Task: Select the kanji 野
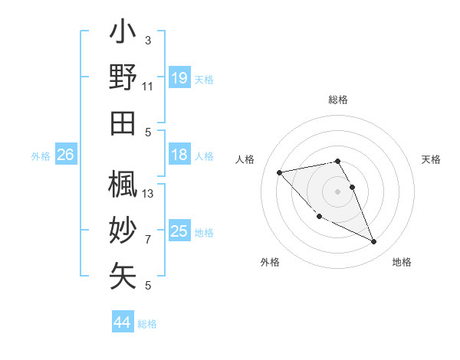[123, 78]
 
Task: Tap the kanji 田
[123, 123]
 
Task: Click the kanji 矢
[123, 276]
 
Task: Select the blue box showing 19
[179, 78]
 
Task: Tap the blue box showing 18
[179, 155]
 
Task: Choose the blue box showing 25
[179, 231]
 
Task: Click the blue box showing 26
[65, 155]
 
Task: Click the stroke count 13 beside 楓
[148, 194]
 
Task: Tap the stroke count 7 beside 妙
[148, 240]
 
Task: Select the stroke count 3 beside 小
[148, 41]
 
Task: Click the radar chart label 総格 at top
[338, 100]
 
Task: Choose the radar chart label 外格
[270, 262]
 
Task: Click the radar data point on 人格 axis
[279, 172]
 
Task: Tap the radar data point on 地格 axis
[374, 242]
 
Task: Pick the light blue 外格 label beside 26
[41, 156]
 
